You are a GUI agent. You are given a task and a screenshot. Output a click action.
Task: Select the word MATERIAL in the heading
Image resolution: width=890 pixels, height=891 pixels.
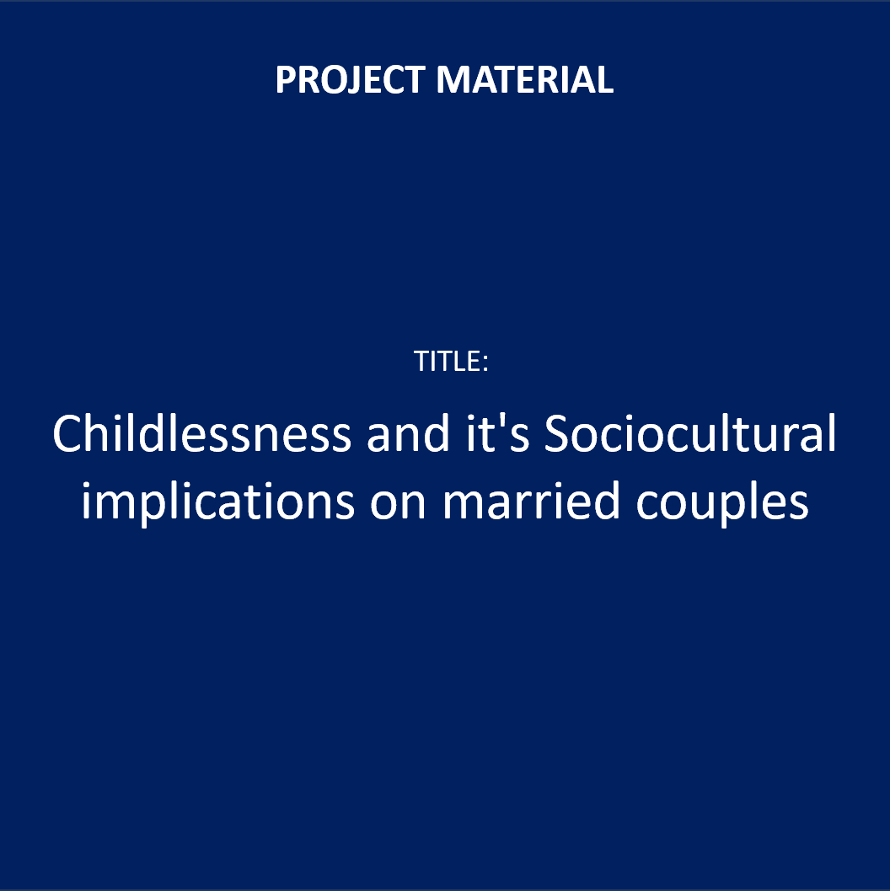coord(525,79)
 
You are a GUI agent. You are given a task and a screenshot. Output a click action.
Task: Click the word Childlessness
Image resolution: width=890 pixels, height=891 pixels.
coord(201,433)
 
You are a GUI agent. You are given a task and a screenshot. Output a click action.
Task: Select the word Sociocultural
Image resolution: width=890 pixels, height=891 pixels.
coord(690,433)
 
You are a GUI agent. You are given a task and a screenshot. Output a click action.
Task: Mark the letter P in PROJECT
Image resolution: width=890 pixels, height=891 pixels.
coord(287,79)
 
